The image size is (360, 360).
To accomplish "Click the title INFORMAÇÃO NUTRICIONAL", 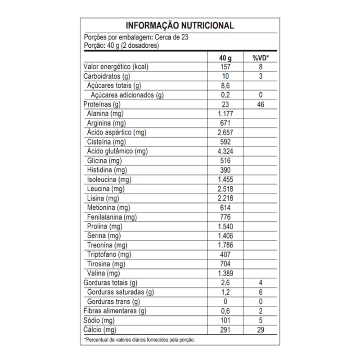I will point(180,26).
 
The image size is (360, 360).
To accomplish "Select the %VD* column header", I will point(261,58).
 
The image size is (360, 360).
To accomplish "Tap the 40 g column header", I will point(225,58).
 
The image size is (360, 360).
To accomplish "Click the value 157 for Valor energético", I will point(225,67).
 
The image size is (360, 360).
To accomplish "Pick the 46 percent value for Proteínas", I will point(261,104).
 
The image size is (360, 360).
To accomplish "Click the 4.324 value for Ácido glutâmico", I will point(225,151).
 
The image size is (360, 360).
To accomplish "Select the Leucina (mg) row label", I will point(105,189).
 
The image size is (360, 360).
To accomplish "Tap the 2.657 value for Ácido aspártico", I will point(225,132).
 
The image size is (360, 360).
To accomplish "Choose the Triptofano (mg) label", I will point(108,254).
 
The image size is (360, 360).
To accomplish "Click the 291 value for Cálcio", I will point(225,330).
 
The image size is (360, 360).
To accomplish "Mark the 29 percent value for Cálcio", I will point(261,330).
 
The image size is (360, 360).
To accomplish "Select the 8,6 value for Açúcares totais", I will point(225,85).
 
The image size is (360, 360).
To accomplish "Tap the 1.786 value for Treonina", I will point(225,245).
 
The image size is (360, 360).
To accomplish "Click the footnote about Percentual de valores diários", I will point(139,340).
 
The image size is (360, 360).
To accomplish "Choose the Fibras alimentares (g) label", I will point(115,311).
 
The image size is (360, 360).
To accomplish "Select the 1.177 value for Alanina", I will point(225,114).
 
